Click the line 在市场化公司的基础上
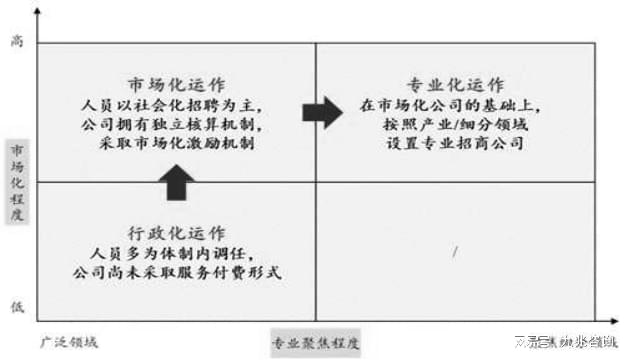pos(454,103)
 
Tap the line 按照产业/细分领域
pos(454,124)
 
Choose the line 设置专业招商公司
pos(454,145)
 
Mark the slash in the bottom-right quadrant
pos(454,251)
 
